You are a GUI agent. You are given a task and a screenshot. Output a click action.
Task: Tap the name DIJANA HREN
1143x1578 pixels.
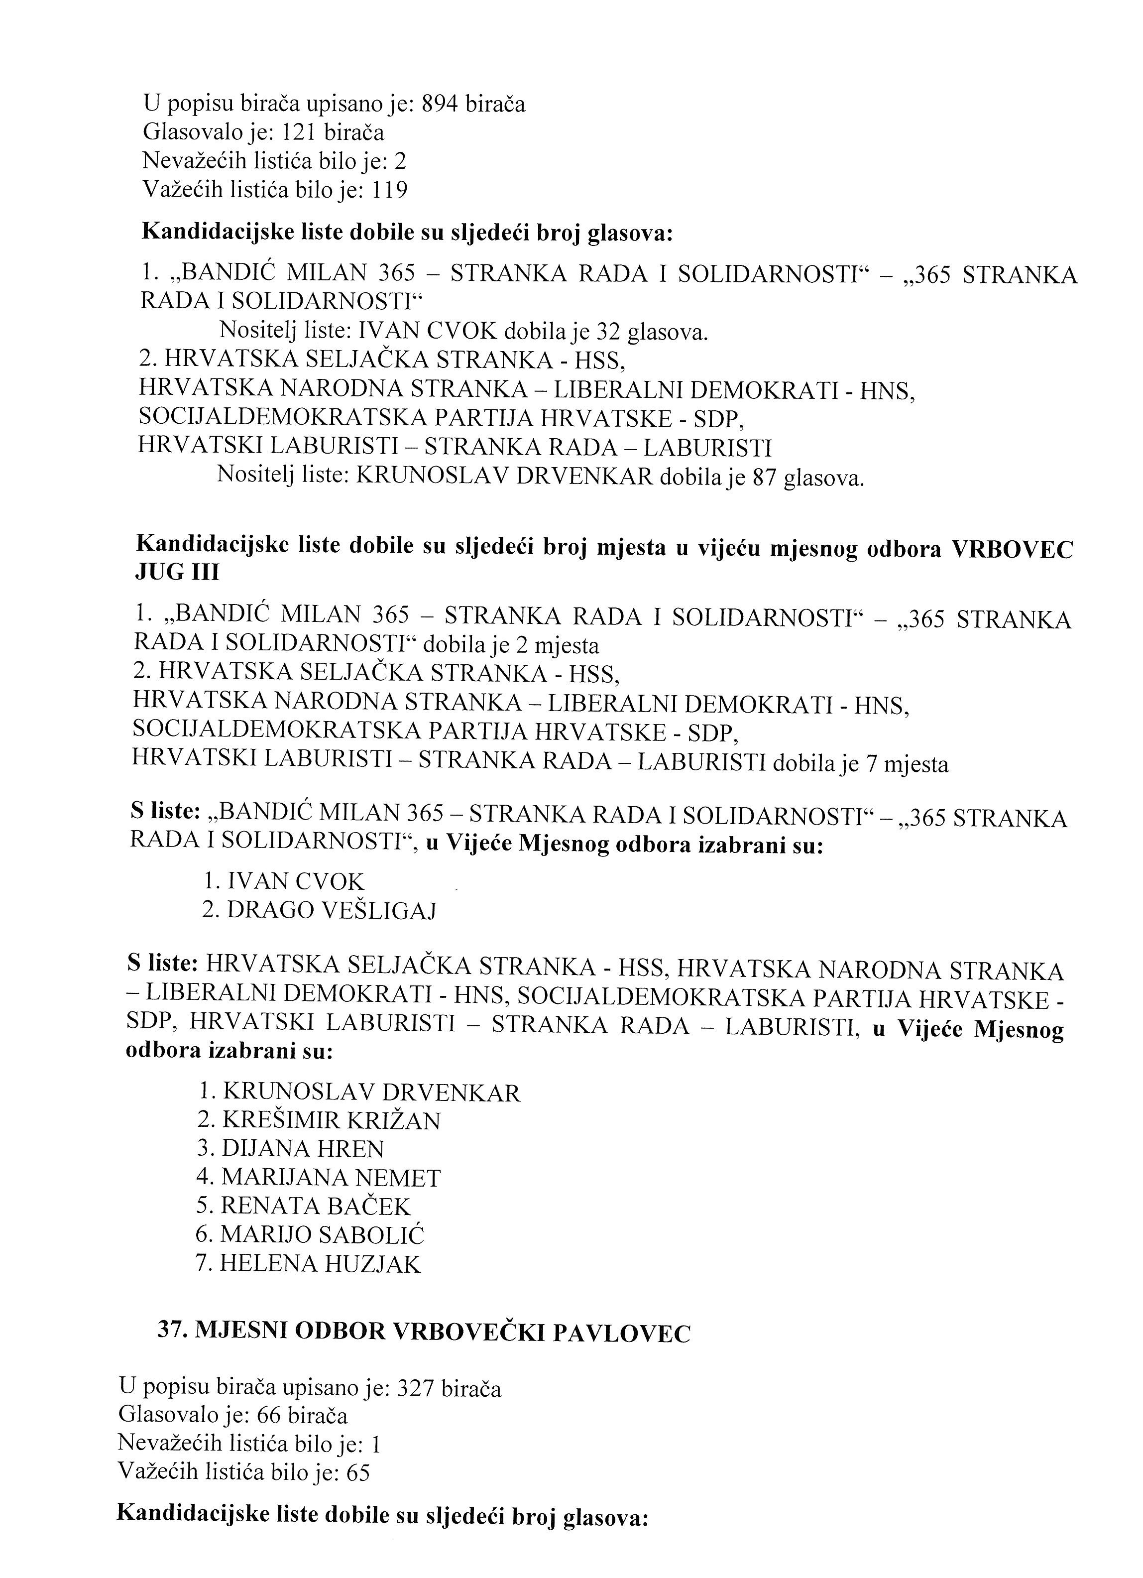tap(303, 1149)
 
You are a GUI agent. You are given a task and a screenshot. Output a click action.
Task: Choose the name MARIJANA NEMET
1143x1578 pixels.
tap(331, 1178)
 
